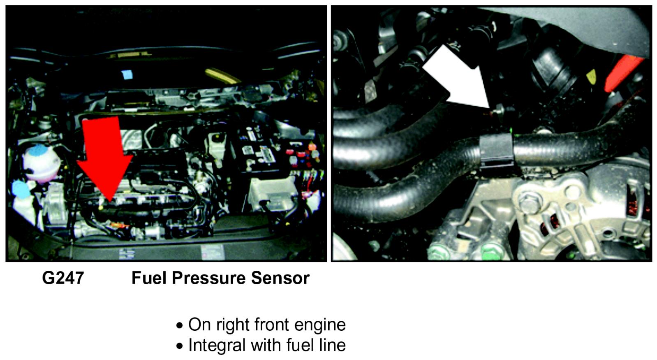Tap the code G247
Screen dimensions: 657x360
[x=63, y=278]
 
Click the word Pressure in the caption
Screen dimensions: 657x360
[x=208, y=278]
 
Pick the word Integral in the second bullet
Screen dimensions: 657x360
[x=217, y=345]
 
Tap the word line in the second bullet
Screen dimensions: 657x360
[x=332, y=345]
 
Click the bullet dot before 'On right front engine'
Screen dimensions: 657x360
[x=180, y=326]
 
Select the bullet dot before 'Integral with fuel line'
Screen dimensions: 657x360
[x=180, y=346]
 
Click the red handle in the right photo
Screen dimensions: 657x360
[x=623, y=73]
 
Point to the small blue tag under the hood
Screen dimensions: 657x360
[x=127, y=74]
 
